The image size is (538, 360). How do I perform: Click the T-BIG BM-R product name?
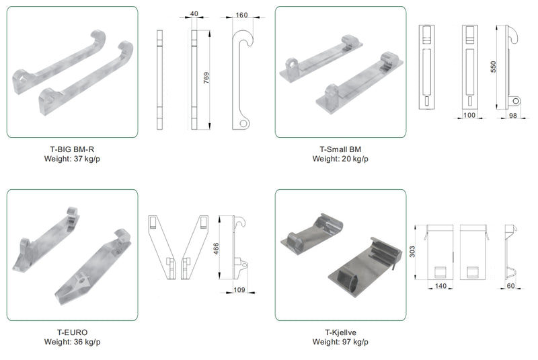tap(72, 149)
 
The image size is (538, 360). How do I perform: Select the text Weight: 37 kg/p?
tap(72, 159)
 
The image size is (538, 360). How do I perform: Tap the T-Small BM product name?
tap(340, 149)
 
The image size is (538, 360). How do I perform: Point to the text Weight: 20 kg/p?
tap(340, 159)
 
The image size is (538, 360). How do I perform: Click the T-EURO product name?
tap(72, 332)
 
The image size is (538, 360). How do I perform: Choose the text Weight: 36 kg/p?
tap(72, 342)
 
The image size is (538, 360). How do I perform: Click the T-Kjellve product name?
tap(340, 332)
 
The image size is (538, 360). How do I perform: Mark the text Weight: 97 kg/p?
tap(340, 342)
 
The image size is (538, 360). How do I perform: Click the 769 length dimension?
tap(206, 78)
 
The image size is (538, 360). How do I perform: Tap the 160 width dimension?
tap(241, 15)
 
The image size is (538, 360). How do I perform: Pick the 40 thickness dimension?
tap(194, 13)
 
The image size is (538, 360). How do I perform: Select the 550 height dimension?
tap(493, 67)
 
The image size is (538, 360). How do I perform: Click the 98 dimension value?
tap(512, 116)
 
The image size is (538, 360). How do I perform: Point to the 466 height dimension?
tap(216, 248)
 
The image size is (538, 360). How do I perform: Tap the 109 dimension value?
tap(239, 290)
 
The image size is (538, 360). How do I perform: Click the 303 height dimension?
tap(412, 252)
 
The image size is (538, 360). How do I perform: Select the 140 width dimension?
tap(440, 286)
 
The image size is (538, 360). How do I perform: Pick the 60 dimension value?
tap(510, 286)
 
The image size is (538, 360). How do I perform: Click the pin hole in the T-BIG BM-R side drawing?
tap(243, 123)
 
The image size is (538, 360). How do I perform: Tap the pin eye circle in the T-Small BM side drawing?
tap(515, 101)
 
